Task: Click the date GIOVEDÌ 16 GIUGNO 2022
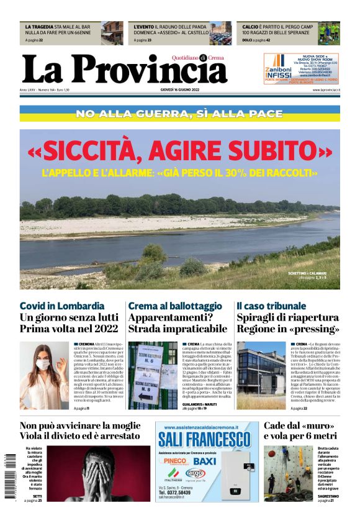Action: click(x=180, y=91)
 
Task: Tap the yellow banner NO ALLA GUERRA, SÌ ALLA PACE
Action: click(x=179, y=114)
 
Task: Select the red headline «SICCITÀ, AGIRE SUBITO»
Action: click(x=179, y=151)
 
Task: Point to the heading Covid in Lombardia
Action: click(x=62, y=306)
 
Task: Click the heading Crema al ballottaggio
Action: click(x=174, y=306)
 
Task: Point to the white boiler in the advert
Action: click(x=239, y=478)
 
